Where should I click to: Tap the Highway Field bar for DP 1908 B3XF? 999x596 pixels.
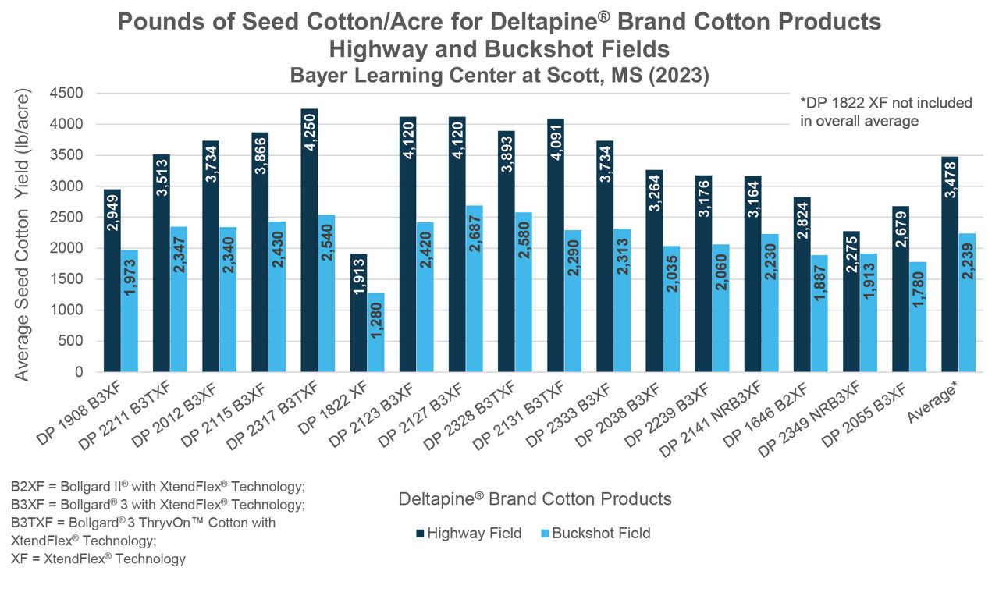112,281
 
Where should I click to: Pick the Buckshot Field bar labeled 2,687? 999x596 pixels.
475,289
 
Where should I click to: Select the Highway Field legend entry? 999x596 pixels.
468,534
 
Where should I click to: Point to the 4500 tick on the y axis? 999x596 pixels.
66,94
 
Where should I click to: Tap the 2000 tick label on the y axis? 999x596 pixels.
66,248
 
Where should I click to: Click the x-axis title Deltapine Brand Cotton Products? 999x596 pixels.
535,498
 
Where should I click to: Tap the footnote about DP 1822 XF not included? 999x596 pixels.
886,112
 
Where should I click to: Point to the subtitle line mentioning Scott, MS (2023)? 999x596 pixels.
499,75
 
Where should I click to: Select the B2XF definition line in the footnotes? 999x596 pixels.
157,487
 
